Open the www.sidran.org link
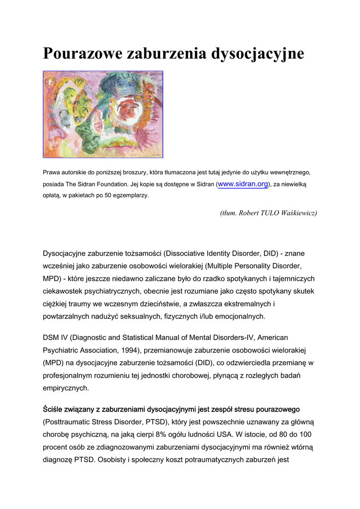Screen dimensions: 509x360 pos(243,184)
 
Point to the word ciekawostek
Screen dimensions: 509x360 pos(65,291)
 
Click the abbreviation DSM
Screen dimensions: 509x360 pos(52,338)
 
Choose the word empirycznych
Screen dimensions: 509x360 pos(66,388)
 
